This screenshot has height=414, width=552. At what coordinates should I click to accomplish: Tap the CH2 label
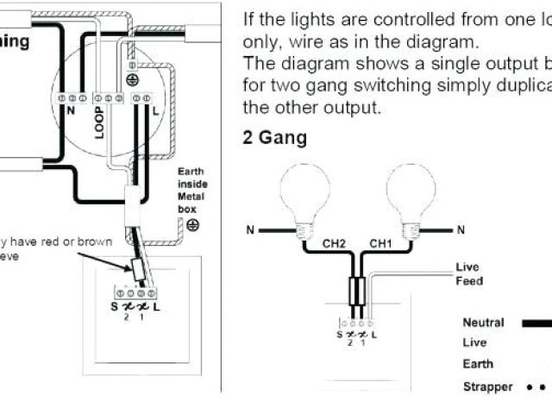[x=336, y=244]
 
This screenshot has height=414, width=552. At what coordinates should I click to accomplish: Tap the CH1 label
[x=380, y=244]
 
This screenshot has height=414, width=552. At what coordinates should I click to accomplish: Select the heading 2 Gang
[x=274, y=138]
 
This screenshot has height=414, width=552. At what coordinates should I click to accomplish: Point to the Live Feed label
[x=469, y=274]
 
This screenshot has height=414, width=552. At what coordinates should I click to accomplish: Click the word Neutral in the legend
[x=483, y=323]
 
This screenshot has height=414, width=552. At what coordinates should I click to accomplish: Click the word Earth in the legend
[x=478, y=364]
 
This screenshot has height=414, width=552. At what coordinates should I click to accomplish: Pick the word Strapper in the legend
[x=487, y=386]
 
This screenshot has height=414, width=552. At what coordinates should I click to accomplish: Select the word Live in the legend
[x=474, y=342]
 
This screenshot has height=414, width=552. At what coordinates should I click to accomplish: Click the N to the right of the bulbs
[x=461, y=229]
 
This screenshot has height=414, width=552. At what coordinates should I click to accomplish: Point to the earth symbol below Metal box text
[x=192, y=225]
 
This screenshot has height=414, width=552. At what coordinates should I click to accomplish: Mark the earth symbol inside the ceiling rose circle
[x=131, y=79]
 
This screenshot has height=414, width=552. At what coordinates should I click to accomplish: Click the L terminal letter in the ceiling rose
[x=154, y=112]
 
